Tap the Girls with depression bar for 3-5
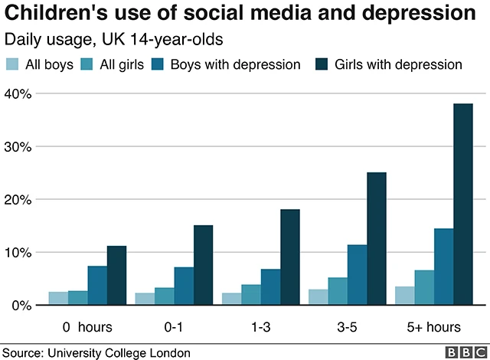pos(376,239)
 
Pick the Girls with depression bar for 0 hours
pos(116,276)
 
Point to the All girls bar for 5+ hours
pos(423,287)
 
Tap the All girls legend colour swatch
pos(89,64)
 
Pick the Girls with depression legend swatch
pos(322,64)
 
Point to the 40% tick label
pos(18,93)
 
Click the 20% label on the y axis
pos(18,199)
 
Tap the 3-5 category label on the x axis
pos(348,327)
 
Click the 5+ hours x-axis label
pos(434,327)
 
